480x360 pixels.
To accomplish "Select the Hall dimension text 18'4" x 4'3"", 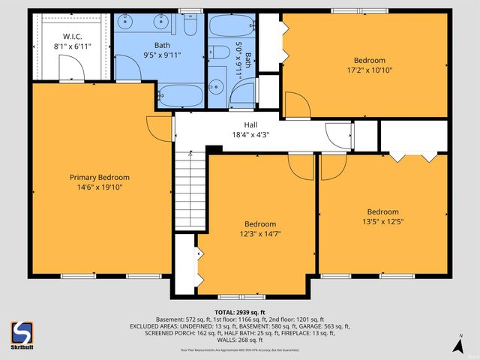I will (x=250, y=135).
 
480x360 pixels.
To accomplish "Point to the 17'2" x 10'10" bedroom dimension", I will (x=369, y=70).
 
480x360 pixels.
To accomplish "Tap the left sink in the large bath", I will (x=124, y=21).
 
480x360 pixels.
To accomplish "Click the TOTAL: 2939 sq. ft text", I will (x=240, y=312).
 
